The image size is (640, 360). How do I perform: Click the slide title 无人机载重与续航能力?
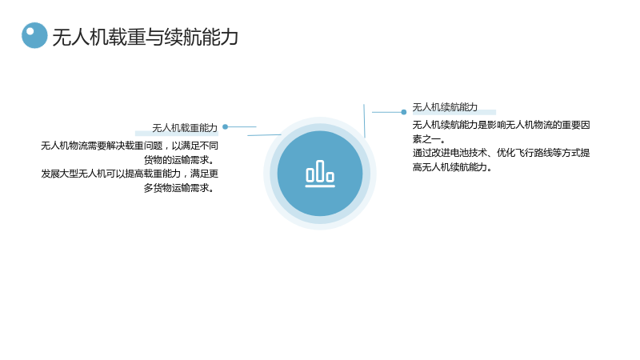(145, 37)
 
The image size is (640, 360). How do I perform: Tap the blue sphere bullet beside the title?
(34, 35)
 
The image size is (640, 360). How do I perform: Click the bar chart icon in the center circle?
(320, 174)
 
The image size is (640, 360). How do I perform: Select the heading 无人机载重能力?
(185, 128)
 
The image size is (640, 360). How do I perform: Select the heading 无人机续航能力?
(445, 107)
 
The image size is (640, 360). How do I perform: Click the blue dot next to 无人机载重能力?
(225, 127)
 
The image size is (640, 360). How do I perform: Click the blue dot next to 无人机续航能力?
(404, 112)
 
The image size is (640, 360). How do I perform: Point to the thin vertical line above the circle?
(364, 121)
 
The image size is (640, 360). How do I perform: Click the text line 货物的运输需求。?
(179, 159)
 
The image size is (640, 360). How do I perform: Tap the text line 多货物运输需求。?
(179, 188)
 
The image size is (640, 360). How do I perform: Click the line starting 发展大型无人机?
(130, 174)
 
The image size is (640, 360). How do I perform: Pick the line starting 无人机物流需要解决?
(130, 146)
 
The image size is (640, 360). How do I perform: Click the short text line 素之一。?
(429, 138)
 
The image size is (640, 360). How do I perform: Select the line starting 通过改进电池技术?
(502, 153)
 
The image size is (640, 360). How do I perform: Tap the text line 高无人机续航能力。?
(452, 167)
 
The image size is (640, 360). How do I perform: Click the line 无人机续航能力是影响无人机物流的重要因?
(502, 125)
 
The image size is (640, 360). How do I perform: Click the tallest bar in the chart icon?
(320, 170)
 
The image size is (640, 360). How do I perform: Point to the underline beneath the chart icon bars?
(320, 186)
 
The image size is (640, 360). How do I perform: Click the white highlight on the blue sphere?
(30, 31)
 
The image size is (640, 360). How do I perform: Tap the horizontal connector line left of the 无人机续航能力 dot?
(386, 112)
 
